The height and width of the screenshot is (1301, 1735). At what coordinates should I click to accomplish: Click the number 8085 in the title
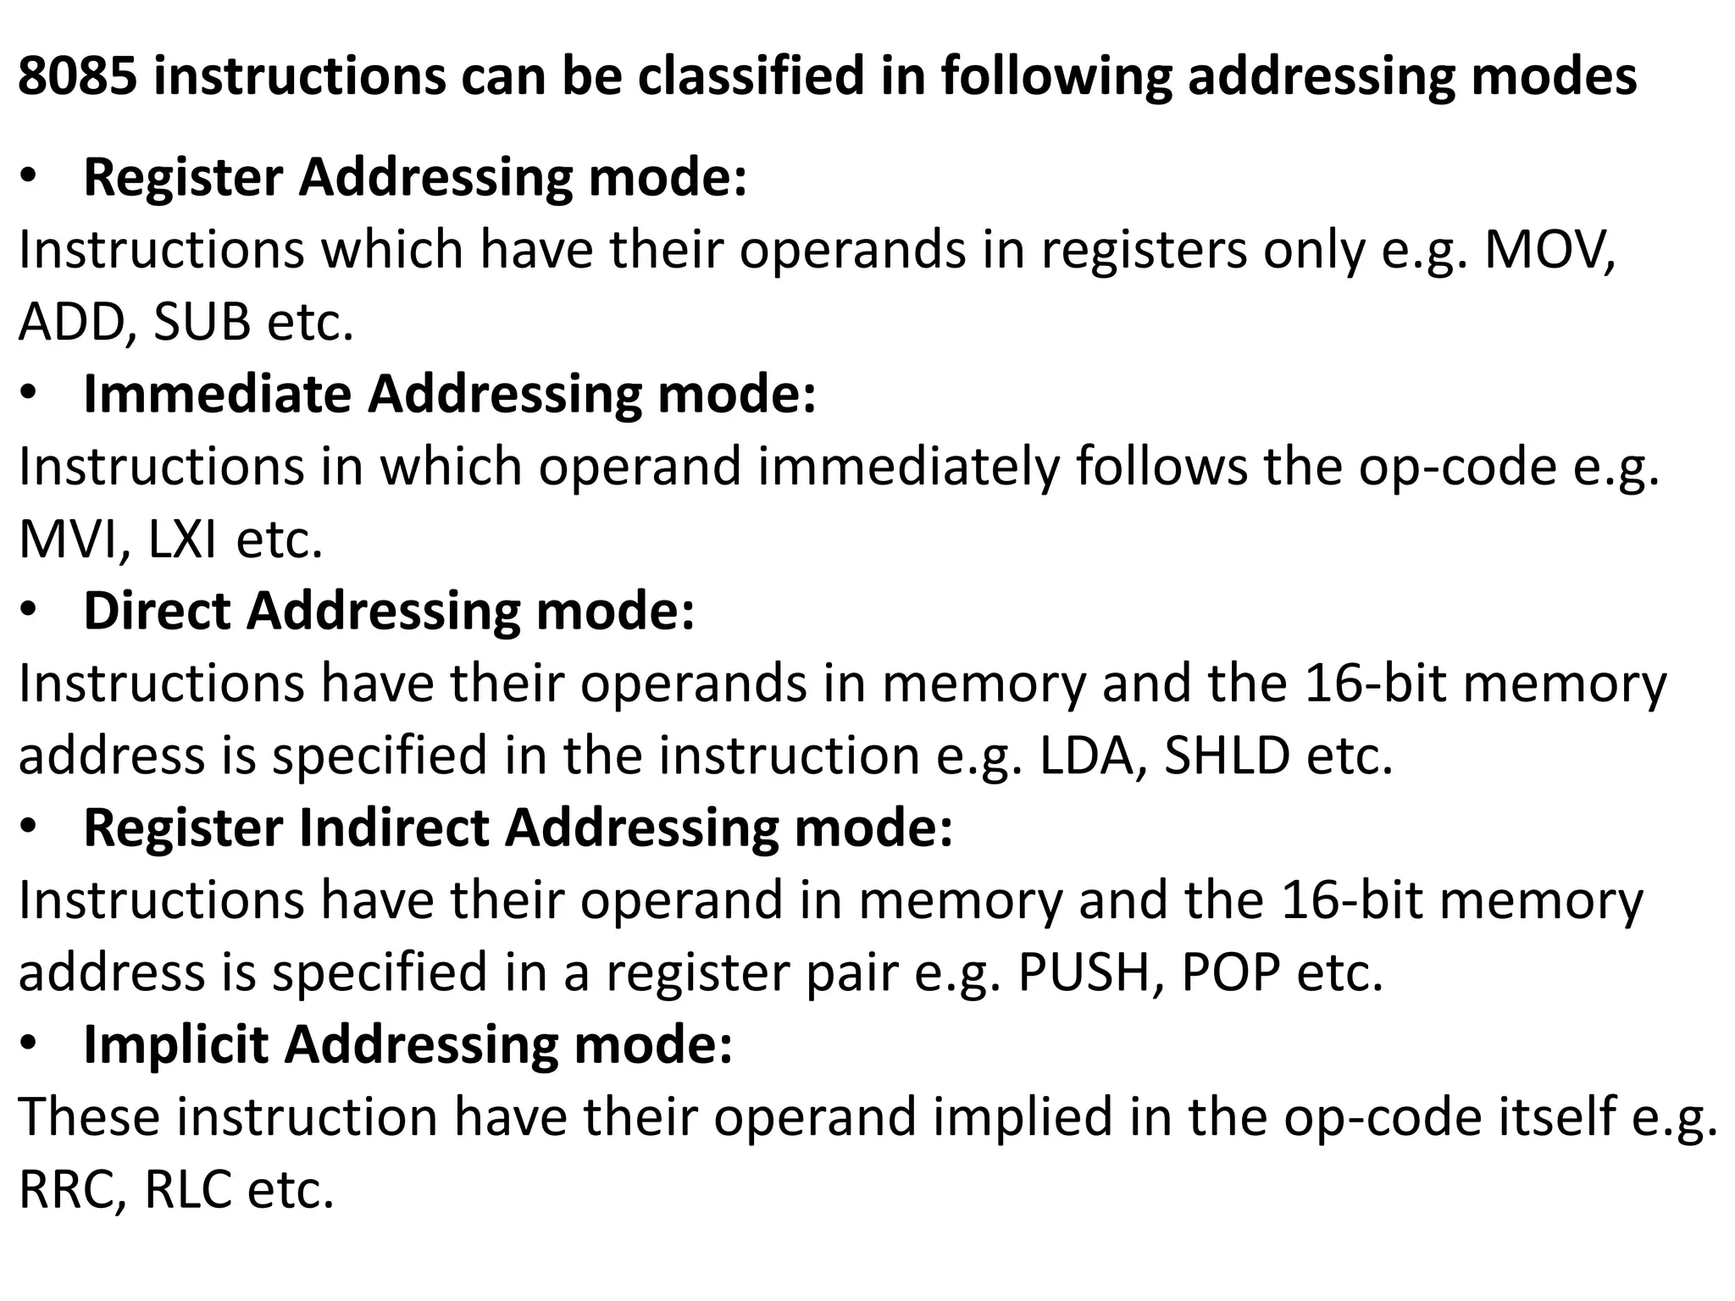coord(77,76)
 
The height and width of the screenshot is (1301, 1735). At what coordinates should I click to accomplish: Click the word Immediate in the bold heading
coord(217,395)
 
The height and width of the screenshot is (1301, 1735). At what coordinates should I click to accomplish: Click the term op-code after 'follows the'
coord(1457,468)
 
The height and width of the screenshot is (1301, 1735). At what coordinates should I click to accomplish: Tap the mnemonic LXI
coord(181,540)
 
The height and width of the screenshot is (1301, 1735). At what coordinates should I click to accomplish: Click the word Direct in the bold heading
coord(156,612)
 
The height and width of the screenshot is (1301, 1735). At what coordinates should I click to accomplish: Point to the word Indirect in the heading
coord(394,828)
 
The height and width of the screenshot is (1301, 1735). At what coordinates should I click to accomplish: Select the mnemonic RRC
coord(71,1190)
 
